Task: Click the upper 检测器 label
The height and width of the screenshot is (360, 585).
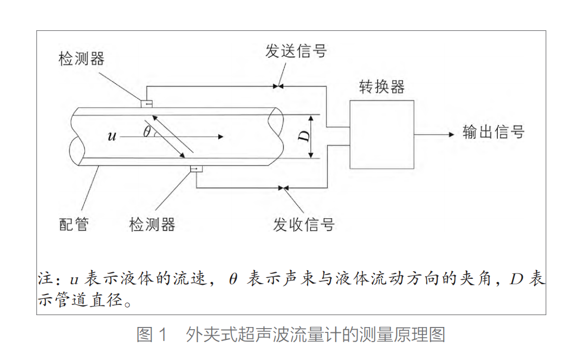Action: pyautogui.click(x=81, y=59)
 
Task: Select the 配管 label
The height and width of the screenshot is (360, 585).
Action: pyautogui.click(x=74, y=224)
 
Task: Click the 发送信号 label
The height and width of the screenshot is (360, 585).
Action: pyautogui.click(x=296, y=51)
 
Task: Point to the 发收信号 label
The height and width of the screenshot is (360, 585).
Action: pyautogui.click(x=303, y=224)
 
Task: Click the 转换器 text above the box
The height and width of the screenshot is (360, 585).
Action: pyautogui.click(x=382, y=87)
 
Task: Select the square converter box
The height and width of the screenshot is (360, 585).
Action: pyautogui.click(x=382, y=134)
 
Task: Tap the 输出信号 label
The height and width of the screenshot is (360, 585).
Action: pyautogui.click(x=493, y=132)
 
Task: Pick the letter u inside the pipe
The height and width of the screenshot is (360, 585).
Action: pyautogui.click(x=112, y=136)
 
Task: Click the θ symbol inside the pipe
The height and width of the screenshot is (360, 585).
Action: pyautogui.click(x=147, y=131)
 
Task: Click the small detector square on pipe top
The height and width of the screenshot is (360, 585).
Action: pyautogui.click(x=147, y=103)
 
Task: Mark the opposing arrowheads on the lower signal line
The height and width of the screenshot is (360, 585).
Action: pyautogui.click(x=283, y=188)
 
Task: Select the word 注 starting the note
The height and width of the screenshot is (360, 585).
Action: pyautogui.click(x=44, y=279)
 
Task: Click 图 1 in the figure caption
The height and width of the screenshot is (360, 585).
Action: pyautogui.click(x=153, y=335)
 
